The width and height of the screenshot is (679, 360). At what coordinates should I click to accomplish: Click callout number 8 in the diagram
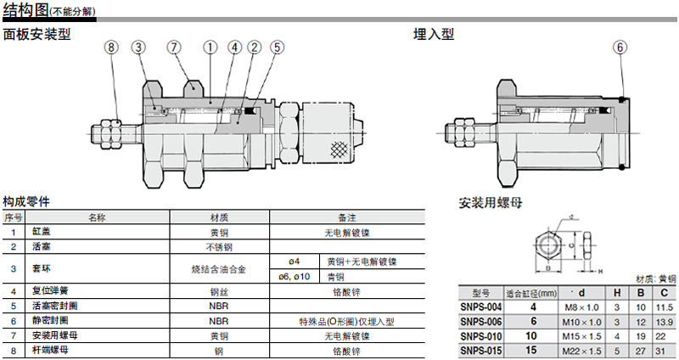tap(112, 48)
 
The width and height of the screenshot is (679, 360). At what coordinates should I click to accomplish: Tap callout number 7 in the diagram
tap(175, 48)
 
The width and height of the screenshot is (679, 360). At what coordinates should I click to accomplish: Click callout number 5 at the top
tap(276, 48)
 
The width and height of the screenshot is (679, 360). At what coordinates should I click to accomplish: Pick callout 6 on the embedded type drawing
tap(620, 48)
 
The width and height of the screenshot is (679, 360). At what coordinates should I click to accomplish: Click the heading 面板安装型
tap(36, 34)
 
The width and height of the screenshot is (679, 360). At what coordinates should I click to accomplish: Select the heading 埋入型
tap(434, 34)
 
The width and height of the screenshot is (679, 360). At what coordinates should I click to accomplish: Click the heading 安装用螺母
tap(490, 203)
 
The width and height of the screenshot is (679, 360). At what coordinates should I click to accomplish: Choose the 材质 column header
tap(219, 217)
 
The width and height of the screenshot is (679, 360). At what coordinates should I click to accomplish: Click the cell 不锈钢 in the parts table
tap(219, 246)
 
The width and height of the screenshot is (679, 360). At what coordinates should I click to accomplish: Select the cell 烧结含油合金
tap(219, 268)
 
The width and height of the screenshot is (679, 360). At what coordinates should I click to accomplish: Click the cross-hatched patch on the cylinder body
tap(339, 149)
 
